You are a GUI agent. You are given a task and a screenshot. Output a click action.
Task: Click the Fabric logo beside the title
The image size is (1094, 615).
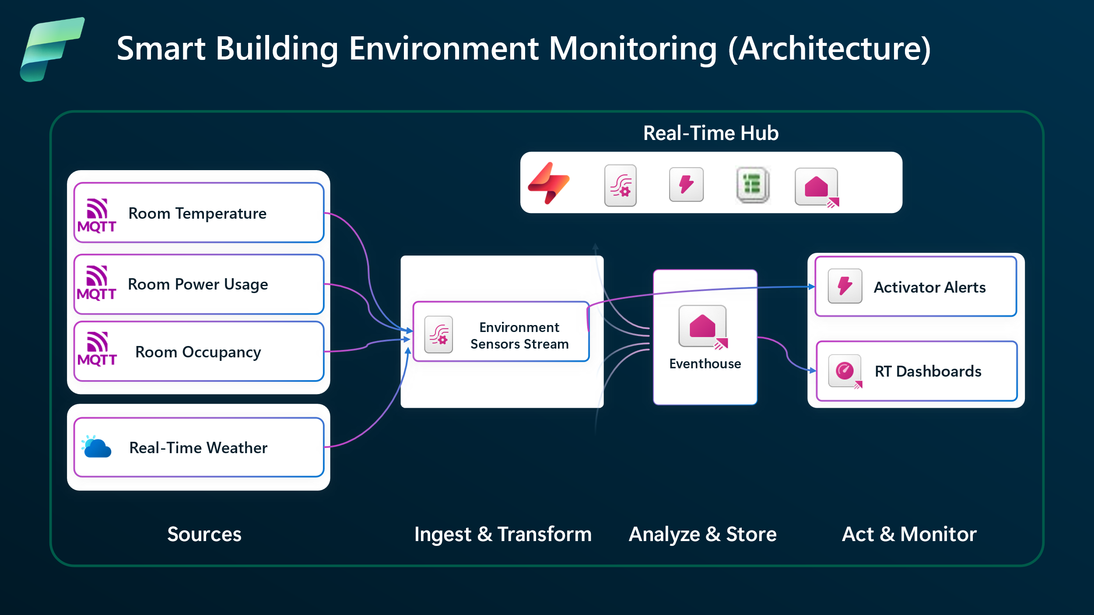point(52,49)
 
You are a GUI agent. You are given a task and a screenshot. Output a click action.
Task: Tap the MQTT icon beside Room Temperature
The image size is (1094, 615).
point(97,215)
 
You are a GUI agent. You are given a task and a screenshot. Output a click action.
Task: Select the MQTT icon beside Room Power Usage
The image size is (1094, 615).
point(96,283)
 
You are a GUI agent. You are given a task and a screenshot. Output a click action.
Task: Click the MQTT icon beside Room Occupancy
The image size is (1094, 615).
point(97,349)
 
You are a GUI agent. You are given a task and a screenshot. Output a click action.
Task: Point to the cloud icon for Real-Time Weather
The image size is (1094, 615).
point(96,447)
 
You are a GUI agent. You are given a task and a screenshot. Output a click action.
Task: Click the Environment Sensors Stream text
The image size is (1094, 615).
point(519,335)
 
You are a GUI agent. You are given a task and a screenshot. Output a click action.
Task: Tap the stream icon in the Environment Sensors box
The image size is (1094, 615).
point(438,335)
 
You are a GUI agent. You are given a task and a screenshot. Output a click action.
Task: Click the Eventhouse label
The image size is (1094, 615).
point(705,363)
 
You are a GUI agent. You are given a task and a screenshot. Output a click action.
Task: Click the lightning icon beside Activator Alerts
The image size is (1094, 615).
point(845,286)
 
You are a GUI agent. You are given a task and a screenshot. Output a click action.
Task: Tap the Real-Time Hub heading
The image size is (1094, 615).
point(711,133)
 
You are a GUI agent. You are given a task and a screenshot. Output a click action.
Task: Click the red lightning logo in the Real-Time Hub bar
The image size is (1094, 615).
point(549,183)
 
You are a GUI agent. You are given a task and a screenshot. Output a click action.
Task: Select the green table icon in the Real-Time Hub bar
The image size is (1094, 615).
point(752,185)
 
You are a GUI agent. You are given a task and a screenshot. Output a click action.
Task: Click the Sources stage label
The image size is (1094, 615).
point(204,534)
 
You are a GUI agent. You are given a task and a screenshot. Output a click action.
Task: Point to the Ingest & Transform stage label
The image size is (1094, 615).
point(503,535)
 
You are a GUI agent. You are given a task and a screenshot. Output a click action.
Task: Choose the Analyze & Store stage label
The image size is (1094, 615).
point(702,535)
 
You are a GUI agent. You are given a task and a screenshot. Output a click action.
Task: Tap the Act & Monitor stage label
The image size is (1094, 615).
point(909,534)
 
